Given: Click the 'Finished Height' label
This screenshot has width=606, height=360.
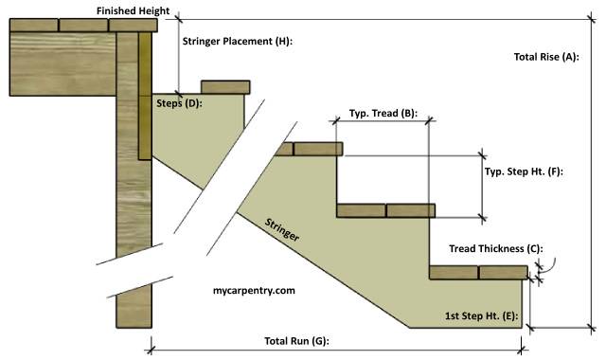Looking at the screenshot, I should tap(133, 10).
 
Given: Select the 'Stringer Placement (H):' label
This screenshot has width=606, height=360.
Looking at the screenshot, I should tap(237, 42).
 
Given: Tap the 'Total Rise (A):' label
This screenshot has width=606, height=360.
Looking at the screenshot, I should tap(545, 57).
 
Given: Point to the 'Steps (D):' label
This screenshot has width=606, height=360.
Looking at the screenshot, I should tap(179, 102).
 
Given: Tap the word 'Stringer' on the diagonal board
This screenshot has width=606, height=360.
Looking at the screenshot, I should tap(281, 227).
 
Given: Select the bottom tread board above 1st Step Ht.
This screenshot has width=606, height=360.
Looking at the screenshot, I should tap(478, 273).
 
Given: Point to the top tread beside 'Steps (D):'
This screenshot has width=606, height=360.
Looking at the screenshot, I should tap(224, 87).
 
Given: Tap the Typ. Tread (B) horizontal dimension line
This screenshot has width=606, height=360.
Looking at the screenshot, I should tap(383, 121).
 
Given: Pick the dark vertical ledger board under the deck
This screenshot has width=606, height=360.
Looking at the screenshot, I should tap(144, 95).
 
